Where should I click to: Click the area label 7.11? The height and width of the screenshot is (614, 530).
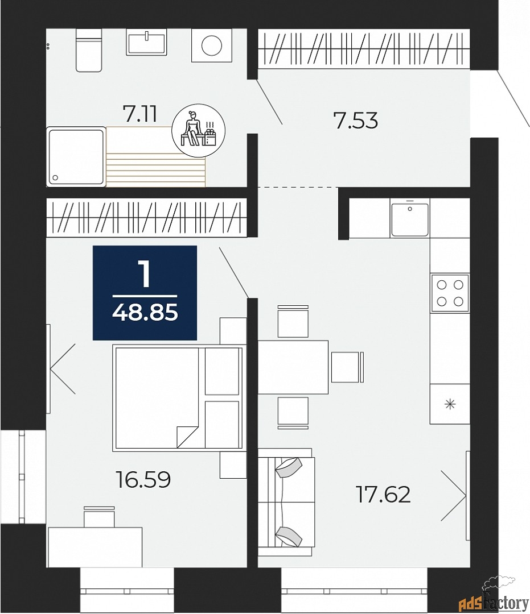139,114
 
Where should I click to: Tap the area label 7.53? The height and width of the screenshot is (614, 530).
356,121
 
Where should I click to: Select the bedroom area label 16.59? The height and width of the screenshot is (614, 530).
143,480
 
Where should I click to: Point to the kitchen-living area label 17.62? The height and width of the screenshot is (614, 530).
383,494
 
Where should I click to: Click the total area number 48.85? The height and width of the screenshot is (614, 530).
145,313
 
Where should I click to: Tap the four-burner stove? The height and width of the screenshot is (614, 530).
450,292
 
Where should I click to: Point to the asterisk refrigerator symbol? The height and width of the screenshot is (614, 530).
450,404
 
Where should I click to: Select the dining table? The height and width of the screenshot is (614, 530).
293,367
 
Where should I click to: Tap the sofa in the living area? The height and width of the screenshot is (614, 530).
286,501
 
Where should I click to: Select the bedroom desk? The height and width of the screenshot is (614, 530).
95,546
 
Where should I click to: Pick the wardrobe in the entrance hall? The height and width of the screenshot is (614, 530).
364,49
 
